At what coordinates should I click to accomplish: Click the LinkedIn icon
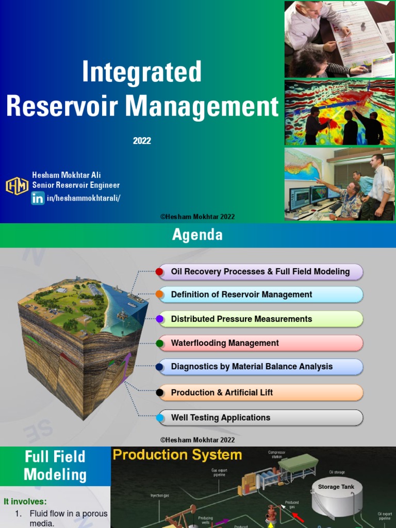click(38, 198)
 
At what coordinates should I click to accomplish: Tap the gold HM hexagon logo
click(17, 186)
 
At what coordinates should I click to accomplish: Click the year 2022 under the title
click(142, 141)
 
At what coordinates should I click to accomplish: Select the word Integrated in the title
click(142, 72)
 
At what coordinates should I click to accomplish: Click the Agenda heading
click(197, 235)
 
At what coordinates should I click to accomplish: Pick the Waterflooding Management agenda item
click(225, 343)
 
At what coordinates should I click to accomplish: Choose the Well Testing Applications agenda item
click(221, 418)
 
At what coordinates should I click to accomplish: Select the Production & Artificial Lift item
click(222, 393)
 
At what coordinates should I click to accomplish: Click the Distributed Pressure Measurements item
click(241, 319)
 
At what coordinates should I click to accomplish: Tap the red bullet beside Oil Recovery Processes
click(160, 272)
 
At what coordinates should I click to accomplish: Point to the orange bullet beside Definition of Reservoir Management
click(160, 295)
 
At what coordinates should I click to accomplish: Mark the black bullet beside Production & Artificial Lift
click(160, 393)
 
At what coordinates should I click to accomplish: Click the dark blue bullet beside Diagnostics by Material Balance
click(160, 367)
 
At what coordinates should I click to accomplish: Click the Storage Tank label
click(336, 487)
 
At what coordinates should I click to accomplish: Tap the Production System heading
click(177, 455)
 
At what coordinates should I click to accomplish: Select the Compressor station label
click(276, 454)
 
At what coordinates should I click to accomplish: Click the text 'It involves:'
click(25, 501)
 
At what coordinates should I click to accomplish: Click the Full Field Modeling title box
click(55, 466)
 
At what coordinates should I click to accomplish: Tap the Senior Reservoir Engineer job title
click(76, 185)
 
